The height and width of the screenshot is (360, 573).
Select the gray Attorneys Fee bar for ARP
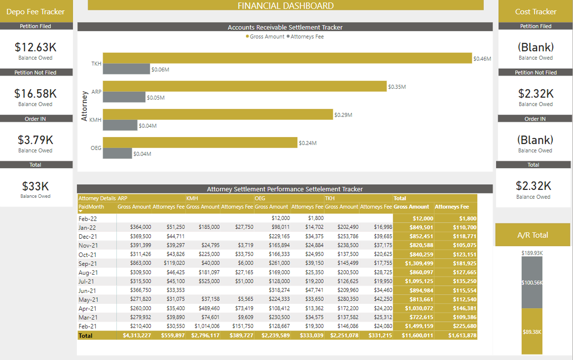tap(124, 97)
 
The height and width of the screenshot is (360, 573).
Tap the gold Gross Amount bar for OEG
tap(200, 143)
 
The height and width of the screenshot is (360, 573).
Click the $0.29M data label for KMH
tap(343, 115)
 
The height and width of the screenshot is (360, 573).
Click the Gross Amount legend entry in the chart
tap(267, 36)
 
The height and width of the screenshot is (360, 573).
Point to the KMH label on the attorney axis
tap(95, 120)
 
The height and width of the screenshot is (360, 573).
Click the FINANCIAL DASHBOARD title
tap(286, 6)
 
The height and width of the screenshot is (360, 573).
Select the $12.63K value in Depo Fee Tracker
tap(36, 47)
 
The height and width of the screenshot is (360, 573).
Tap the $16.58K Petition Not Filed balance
tap(36, 94)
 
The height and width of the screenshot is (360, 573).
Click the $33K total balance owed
tap(36, 186)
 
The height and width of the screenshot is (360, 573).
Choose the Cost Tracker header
tap(536, 12)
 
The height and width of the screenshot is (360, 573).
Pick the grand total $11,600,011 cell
tap(413, 335)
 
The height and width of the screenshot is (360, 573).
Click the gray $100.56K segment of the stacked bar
tap(532, 283)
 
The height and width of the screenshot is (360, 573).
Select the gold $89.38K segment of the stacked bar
tap(532, 332)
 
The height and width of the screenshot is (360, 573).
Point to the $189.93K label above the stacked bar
tap(532, 253)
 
